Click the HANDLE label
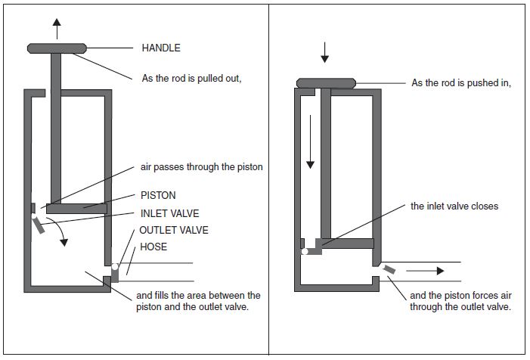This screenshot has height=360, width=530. (x=161, y=48)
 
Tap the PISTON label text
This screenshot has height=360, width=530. (x=158, y=195)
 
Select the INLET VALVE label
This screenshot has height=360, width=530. (x=169, y=213)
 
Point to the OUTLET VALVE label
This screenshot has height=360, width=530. (x=174, y=230)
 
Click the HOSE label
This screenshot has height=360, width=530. (x=153, y=247)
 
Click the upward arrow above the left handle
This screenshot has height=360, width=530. (x=57, y=29)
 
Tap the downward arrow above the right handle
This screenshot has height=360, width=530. (x=324, y=52)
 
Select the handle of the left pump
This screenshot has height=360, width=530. (x=57, y=48)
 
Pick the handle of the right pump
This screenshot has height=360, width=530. (x=326, y=83)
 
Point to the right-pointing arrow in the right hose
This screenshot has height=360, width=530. (x=425, y=271)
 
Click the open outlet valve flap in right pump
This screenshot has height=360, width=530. (x=389, y=269)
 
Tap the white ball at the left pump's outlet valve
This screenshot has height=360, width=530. (x=115, y=267)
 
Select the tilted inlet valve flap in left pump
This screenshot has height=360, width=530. (x=39, y=225)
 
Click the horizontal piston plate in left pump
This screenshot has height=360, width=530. (x=76, y=209)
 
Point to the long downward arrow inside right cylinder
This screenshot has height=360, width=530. (x=310, y=142)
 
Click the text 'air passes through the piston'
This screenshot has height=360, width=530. (x=201, y=167)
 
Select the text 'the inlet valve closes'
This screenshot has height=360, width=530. (x=454, y=206)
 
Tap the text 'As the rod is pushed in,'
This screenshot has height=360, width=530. (x=461, y=83)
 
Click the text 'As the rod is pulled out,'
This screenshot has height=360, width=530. (x=191, y=79)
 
